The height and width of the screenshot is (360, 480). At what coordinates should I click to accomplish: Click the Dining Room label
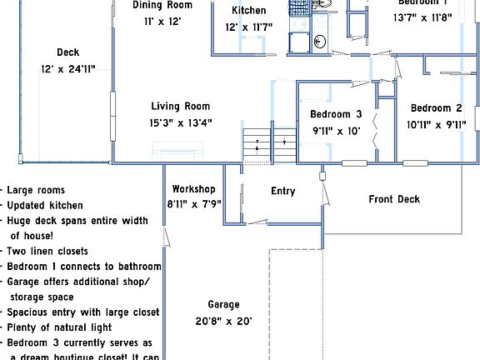tap(168, 5)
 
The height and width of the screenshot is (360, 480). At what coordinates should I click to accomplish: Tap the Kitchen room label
tap(248, 11)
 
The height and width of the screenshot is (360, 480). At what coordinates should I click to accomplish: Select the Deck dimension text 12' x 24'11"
tap(68, 69)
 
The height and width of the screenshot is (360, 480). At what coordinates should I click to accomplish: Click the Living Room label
tap(180, 107)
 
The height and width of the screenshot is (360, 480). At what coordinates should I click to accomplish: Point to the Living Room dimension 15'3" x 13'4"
tap(180, 122)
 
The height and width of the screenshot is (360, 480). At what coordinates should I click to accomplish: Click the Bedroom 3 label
tap(336, 114)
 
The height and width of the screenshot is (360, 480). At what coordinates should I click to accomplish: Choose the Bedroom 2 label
tap(436, 108)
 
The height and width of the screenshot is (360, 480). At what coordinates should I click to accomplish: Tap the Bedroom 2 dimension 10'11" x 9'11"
tap(436, 125)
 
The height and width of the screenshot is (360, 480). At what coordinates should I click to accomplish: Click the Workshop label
tap(193, 189)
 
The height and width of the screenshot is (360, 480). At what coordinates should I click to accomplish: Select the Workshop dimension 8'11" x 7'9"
tap(193, 203)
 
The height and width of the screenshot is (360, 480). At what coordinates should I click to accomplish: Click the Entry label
tap(283, 192)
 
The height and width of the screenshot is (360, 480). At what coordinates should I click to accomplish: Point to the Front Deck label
tap(394, 199)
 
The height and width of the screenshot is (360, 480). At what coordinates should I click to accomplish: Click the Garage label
tap(223, 305)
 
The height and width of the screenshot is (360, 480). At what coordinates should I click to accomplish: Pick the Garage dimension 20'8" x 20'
tap(223, 321)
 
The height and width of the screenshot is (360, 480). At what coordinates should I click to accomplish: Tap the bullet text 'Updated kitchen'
tap(45, 206)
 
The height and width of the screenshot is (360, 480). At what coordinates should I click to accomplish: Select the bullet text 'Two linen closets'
tap(48, 252)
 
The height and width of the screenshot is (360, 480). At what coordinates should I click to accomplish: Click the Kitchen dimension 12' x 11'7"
tap(248, 27)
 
